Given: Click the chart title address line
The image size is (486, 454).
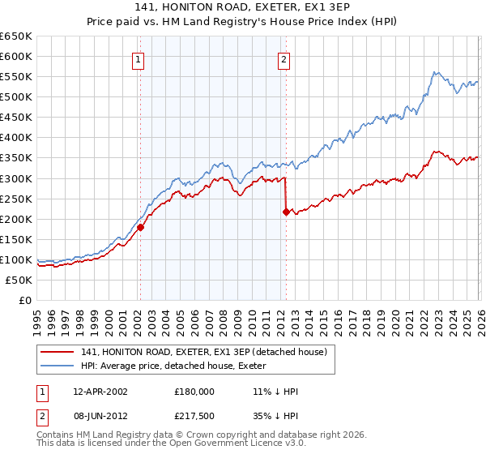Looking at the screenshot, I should (x=243, y=6).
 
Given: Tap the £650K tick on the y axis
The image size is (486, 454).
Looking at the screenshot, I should (x=16, y=36).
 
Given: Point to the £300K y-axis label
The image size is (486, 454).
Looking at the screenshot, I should (x=16, y=178).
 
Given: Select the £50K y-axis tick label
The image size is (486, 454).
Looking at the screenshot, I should (x=19, y=280).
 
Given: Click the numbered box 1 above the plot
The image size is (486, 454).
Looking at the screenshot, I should (x=139, y=58).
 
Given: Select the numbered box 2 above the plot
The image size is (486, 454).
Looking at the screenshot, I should (x=285, y=58).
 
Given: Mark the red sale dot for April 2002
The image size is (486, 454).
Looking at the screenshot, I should (x=140, y=227).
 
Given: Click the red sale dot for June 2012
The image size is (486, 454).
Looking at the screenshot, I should (x=286, y=212).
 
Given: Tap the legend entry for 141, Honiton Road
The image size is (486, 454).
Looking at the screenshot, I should (x=205, y=352).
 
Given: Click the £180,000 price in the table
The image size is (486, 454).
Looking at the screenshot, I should (x=194, y=392).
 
